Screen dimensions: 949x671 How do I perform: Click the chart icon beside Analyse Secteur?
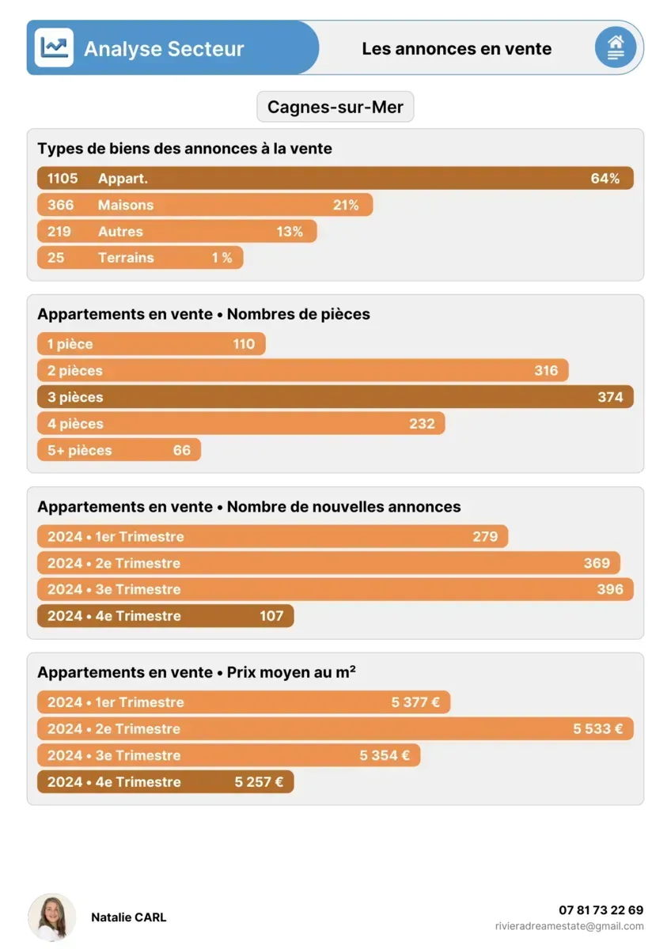click(x=54, y=48)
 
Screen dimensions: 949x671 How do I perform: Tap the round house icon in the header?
click(x=615, y=47)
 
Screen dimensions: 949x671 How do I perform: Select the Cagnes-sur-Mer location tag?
click(x=335, y=107)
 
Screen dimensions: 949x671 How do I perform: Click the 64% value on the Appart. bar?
click(x=605, y=179)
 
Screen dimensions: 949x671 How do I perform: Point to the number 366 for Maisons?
click(x=60, y=205)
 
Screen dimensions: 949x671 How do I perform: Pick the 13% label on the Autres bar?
click(x=290, y=232)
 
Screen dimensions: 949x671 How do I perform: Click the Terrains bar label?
click(x=126, y=258)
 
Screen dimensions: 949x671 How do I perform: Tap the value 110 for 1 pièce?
click(x=244, y=344)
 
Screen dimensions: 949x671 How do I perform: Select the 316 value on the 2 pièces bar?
click(x=546, y=371)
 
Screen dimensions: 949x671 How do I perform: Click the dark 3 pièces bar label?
click(x=75, y=398)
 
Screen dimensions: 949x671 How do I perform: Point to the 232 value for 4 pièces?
click(x=422, y=424)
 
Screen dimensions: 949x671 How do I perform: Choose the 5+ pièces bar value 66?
click(x=182, y=451)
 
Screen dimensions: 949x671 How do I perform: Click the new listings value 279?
click(x=485, y=537)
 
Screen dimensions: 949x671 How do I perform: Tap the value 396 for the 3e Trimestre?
click(x=610, y=589)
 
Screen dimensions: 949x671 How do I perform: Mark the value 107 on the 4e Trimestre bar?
click(x=271, y=616)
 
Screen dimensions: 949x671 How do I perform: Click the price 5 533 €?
click(x=597, y=729)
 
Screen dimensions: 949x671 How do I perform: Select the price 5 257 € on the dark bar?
click(x=259, y=782)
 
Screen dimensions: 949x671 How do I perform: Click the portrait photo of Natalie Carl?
click(x=52, y=917)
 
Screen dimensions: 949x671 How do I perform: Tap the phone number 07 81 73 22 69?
click(x=601, y=910)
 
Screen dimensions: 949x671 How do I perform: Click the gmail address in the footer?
click(x=569, y=926)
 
